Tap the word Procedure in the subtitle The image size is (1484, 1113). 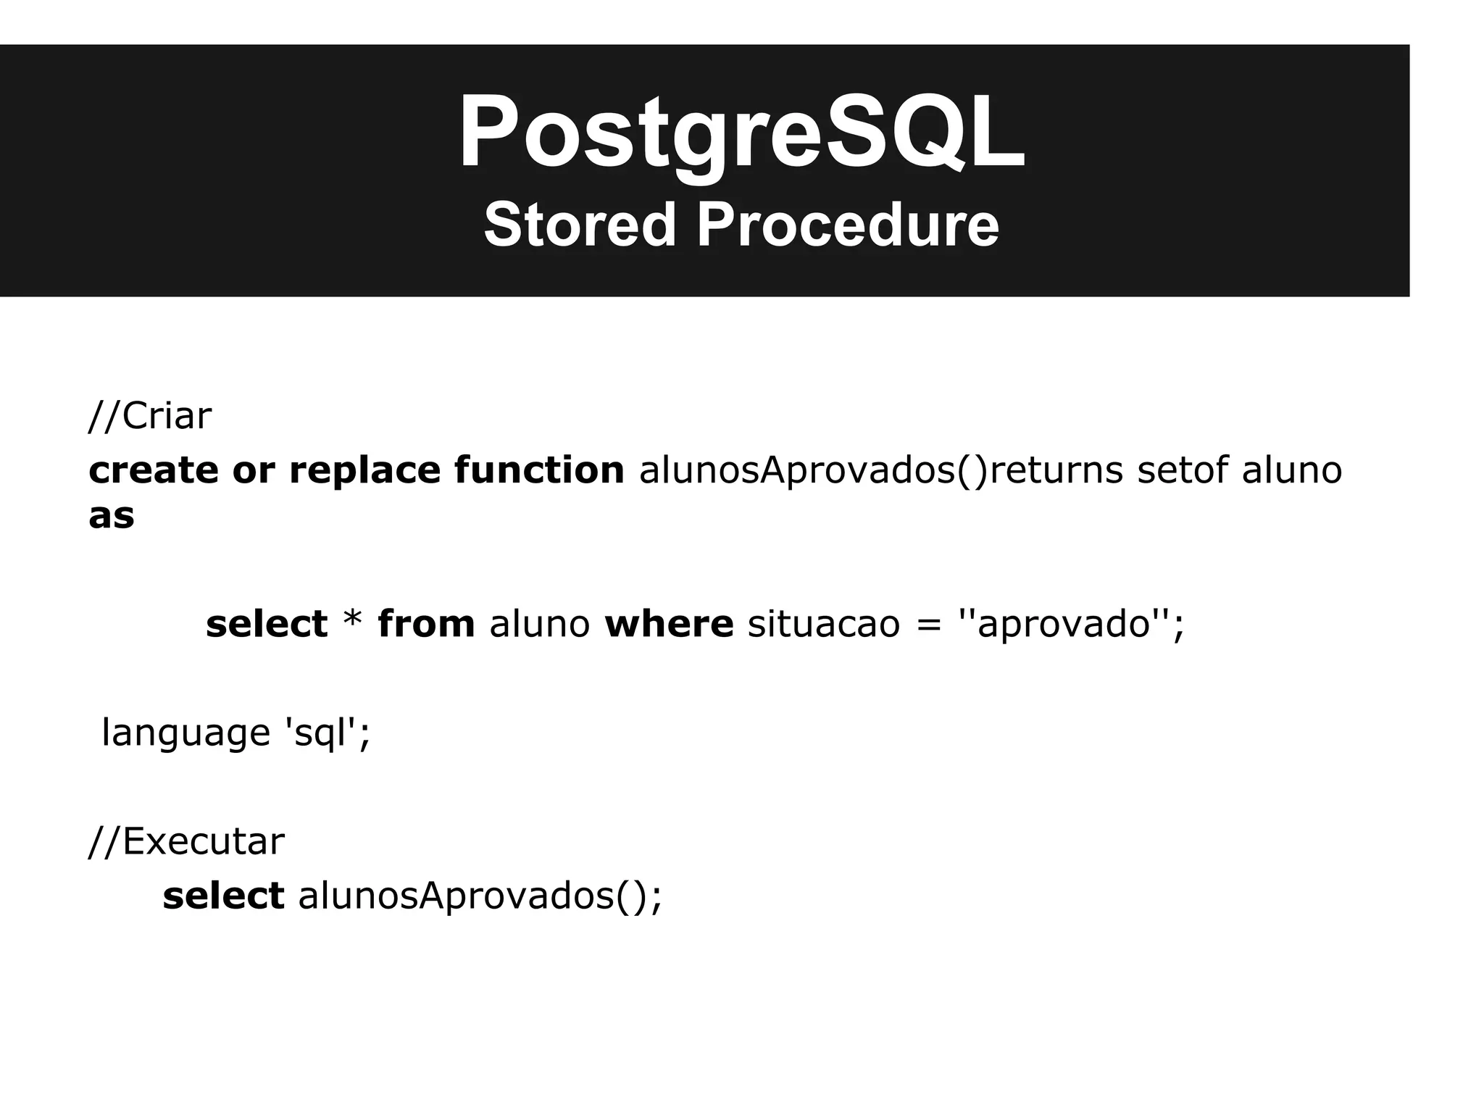[848, 225]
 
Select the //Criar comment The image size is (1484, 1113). [150, 417]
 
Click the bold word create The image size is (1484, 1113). [153, 470]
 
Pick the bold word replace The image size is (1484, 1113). [364, 470]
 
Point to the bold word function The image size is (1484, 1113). [539, 470]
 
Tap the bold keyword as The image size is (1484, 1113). [112, 516]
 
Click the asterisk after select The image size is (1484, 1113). [352, 622]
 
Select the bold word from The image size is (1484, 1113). [426, 624]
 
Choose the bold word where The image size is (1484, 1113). [669, 624]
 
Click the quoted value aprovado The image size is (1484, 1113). [1064, 624]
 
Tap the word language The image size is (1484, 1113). [185, 733]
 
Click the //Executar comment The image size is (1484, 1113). [187, 842]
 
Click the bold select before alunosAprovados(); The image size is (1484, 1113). [223, 896]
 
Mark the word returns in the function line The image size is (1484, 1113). [1056, 470]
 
